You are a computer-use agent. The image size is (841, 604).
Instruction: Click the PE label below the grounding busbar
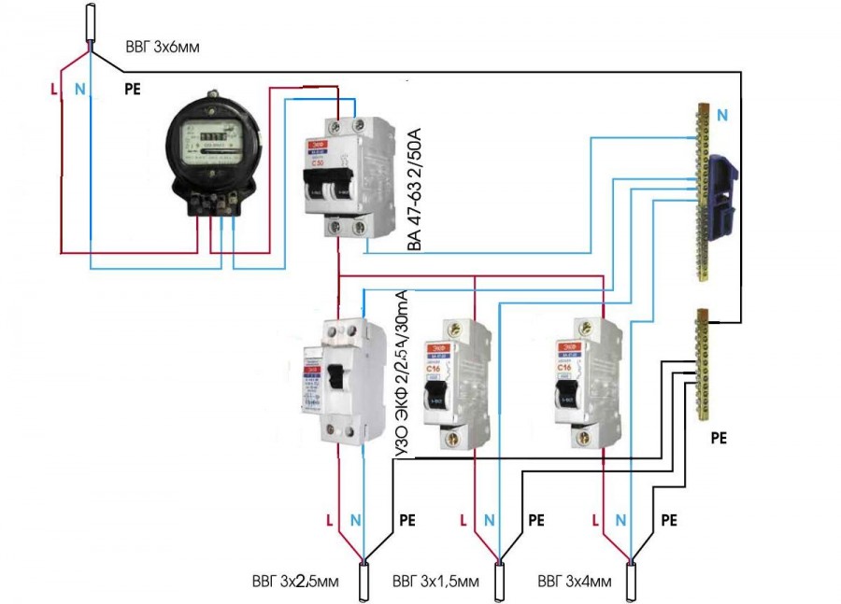click(719, 436)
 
